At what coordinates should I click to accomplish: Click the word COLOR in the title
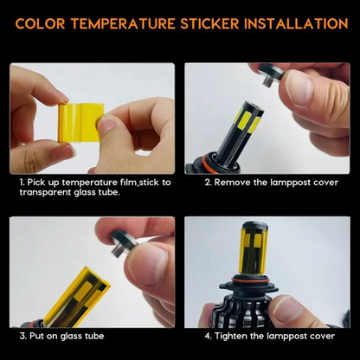pos(40,23)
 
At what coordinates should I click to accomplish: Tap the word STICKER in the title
pos(210,23)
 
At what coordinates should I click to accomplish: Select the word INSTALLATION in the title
pos(296,23)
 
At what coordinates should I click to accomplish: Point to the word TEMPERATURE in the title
pos(123,23)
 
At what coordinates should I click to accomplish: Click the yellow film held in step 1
pos(80,122)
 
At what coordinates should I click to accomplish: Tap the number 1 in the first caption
pos(22,183)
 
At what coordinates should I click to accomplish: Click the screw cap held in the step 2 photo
pos(271,74)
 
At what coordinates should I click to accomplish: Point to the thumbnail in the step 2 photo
pos(299,88)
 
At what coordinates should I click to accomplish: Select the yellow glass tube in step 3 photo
pos(77,297)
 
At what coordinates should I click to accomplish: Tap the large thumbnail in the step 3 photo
pos(149,265)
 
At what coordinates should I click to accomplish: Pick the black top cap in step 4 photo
pos(254,226)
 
